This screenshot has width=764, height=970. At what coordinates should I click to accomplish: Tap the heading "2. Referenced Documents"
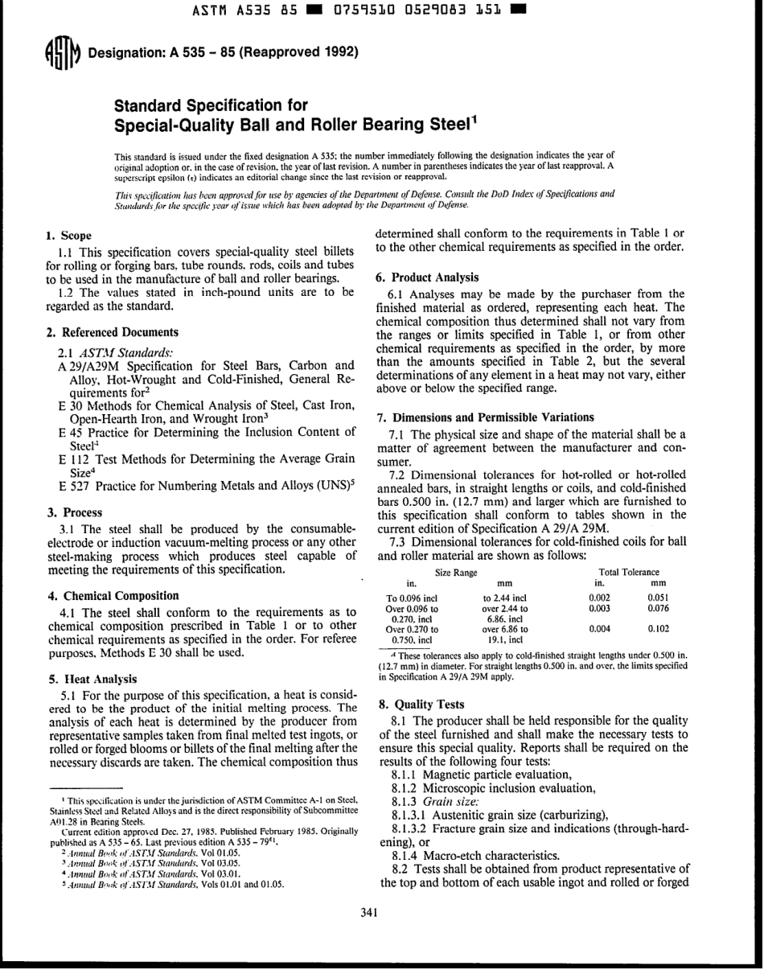click(112, 331)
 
